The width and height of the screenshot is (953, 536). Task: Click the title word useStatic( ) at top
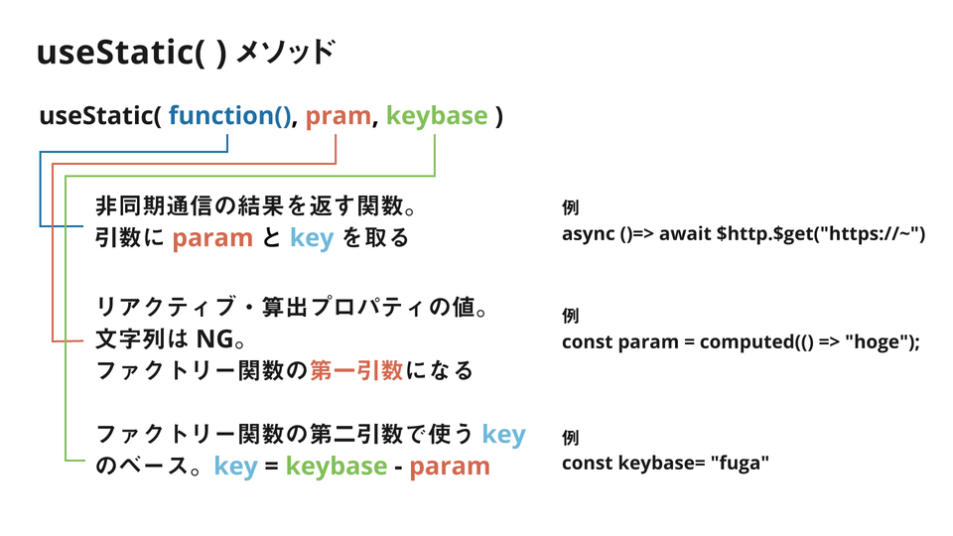coord(132,53)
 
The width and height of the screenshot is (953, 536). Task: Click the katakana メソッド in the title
coord(285,53)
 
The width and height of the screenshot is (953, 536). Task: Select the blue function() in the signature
coord(229,115)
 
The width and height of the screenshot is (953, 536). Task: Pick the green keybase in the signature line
coord(437,116)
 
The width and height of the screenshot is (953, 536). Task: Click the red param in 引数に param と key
coord(212,238)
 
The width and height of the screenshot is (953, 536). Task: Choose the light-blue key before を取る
coord(312,237)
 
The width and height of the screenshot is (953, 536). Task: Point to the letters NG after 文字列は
coord(215,339)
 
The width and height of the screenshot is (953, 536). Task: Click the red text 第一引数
coord(356,370)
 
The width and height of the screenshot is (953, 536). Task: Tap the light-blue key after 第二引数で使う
coord(504,435)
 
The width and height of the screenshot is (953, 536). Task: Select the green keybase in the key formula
coord(337,467)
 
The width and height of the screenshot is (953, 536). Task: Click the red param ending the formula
coord(450,467)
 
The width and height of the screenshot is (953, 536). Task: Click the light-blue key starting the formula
coord(236,467)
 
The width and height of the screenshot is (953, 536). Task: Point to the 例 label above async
coord(570,207)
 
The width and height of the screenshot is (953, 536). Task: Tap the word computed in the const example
coord(747,342)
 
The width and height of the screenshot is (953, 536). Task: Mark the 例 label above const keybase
coord(570,438)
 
